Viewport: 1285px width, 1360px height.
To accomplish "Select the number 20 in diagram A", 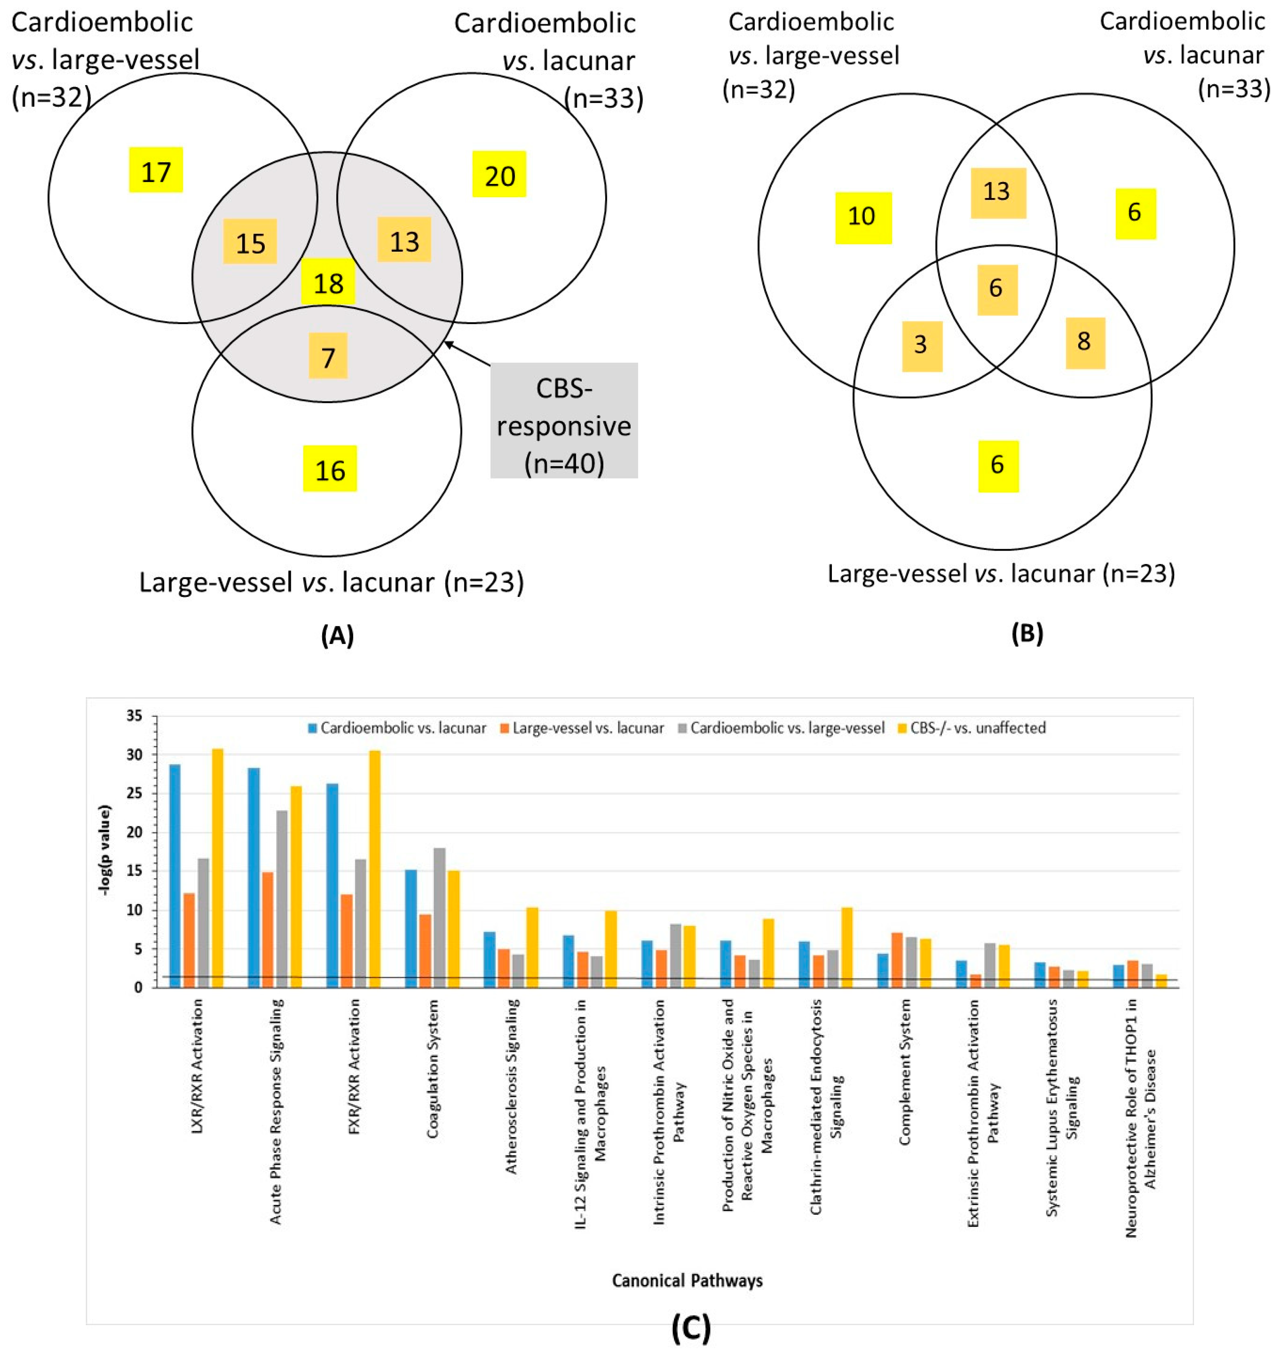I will coord(499,175).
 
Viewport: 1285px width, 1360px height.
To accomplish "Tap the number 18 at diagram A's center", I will coord(328,282).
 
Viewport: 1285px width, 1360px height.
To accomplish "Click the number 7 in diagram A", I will coord(328,356).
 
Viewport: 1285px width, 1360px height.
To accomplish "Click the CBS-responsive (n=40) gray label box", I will coord(564,420).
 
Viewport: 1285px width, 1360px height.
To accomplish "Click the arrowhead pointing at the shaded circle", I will coord(449,343).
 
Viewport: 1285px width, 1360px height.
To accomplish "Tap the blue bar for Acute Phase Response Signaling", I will coord(253,877).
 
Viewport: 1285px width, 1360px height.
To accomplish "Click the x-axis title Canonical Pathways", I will coord(687,1280).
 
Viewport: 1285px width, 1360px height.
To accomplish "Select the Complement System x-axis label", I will coord(905,1072).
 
